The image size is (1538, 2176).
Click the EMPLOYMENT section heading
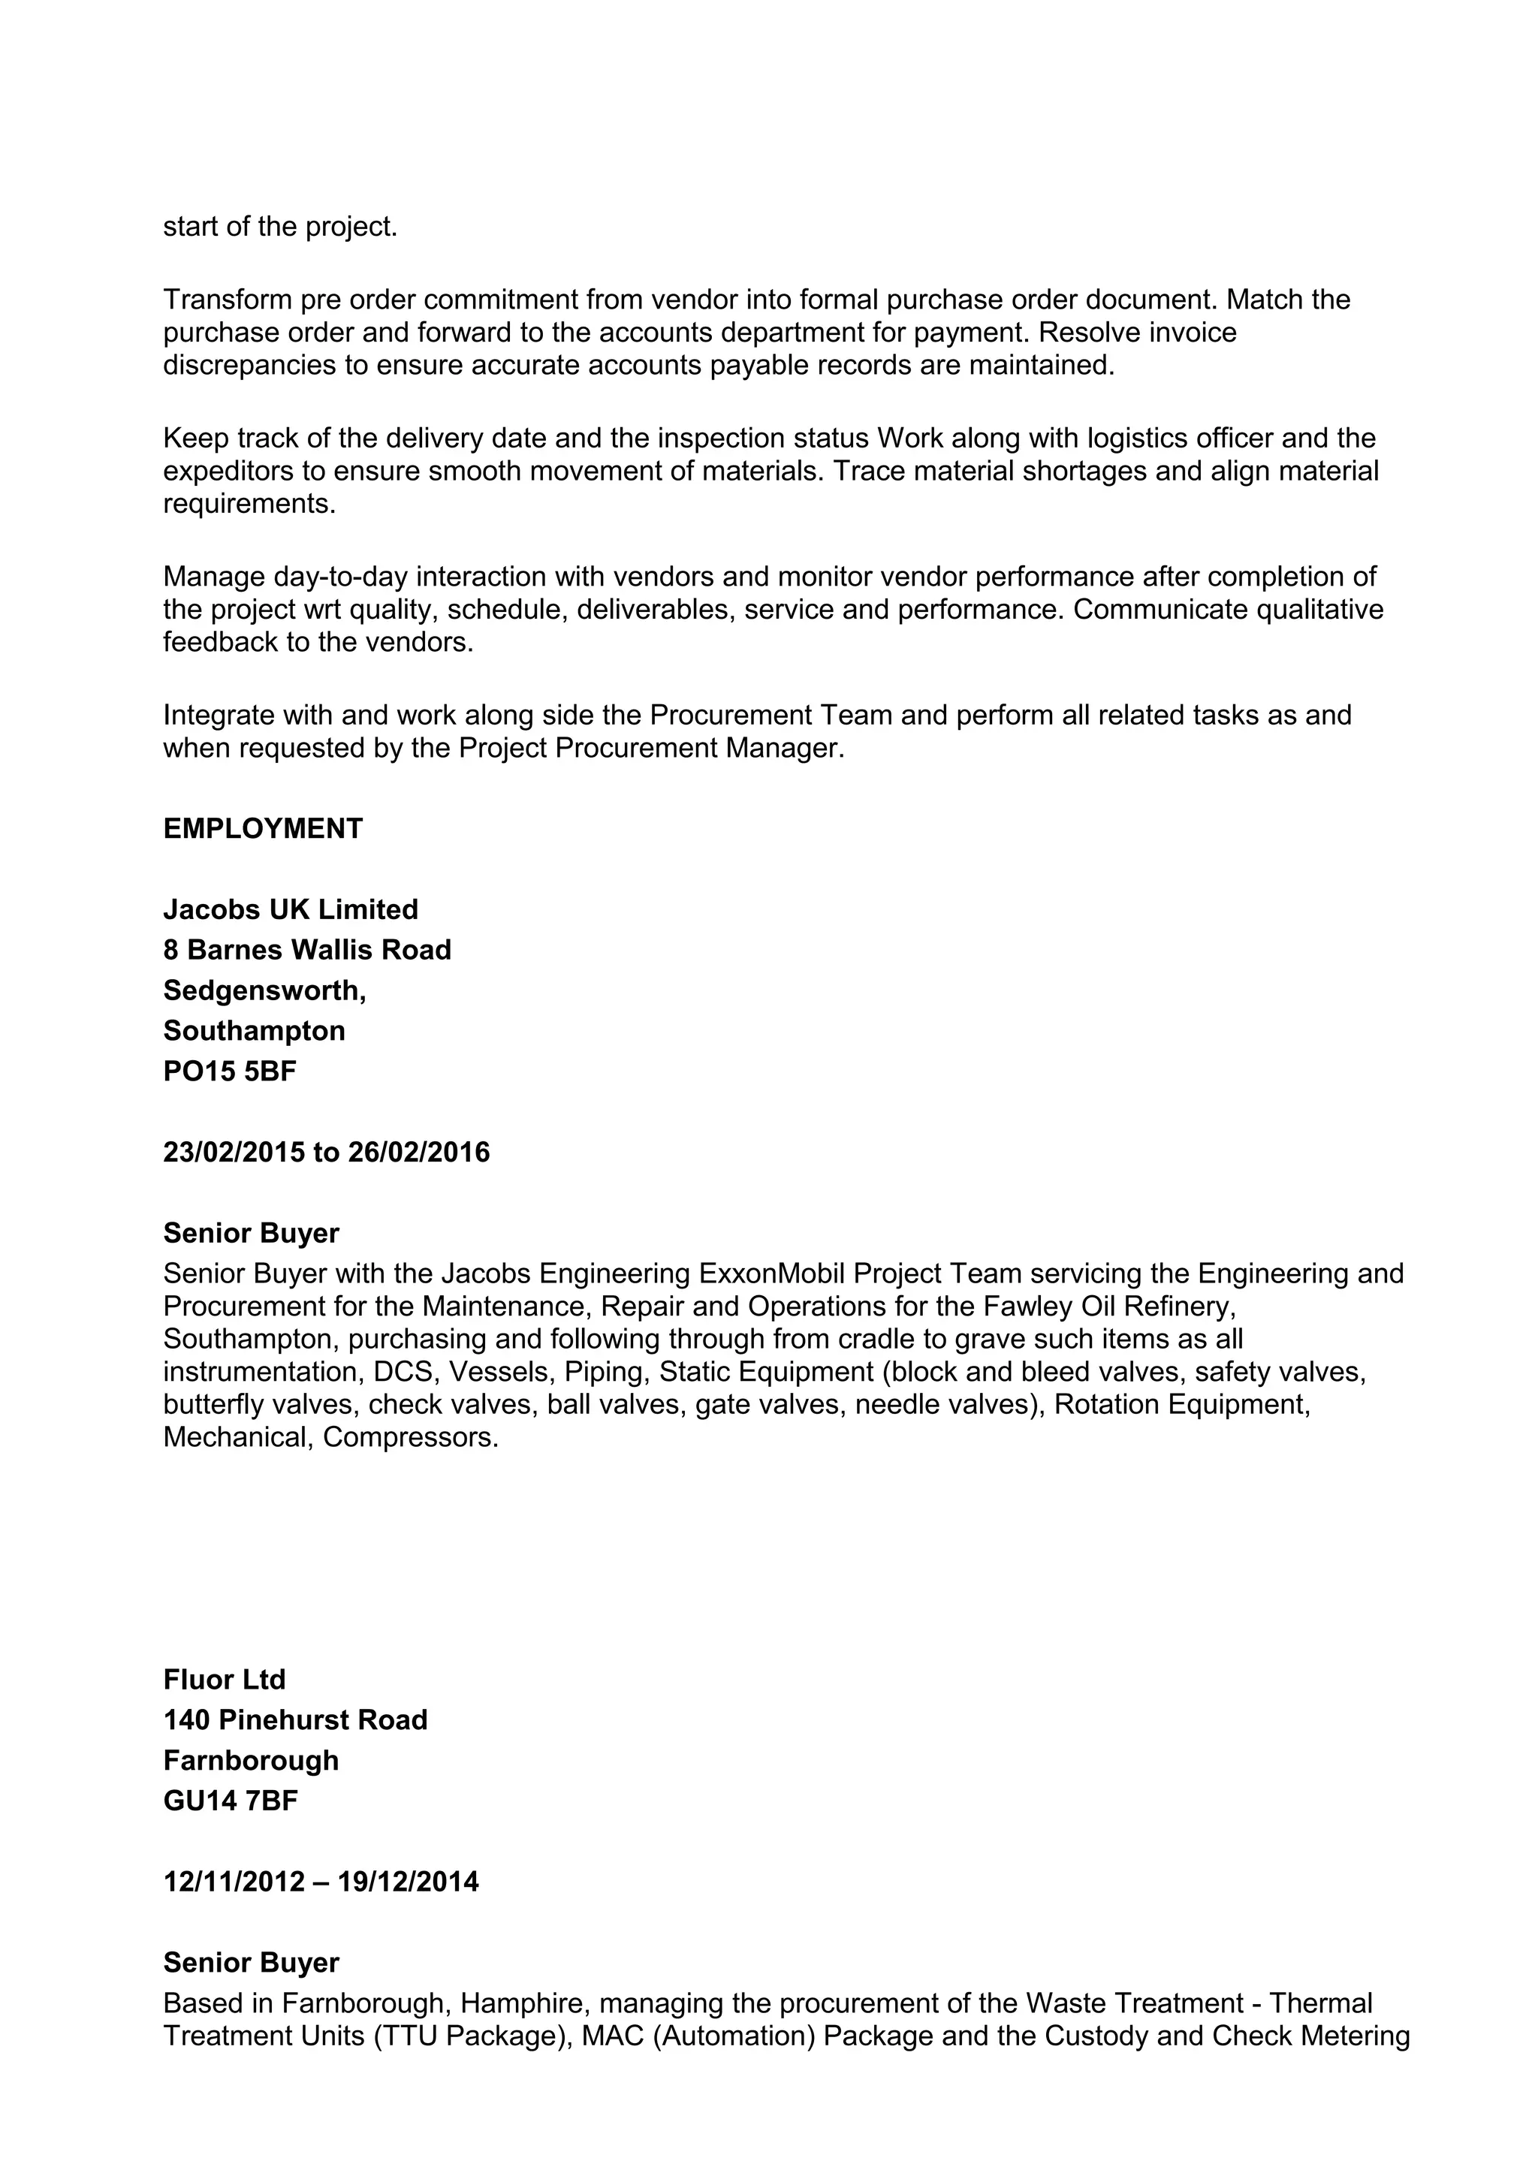(x=263, y=828)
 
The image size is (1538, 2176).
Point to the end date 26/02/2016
(x=419, y=1152)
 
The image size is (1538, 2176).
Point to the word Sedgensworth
(x=263, y=990)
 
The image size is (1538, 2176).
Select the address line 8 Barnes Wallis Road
(x=307, y=950)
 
